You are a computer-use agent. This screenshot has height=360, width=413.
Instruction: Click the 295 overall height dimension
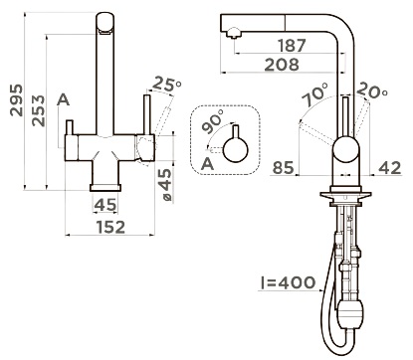click(16, 100)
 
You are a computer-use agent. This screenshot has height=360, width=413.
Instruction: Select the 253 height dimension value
click(38, 110)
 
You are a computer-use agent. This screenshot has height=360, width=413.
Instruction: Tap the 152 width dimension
click(110, 227)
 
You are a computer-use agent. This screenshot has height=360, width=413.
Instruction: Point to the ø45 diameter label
click(165, 185)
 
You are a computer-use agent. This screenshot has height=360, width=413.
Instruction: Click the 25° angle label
click(167, 85)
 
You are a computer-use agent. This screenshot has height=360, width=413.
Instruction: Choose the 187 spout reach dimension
click(292, 46)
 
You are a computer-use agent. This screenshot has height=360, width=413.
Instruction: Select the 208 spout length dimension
click(282, 65)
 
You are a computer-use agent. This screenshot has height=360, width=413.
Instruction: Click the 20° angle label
click(372, 90)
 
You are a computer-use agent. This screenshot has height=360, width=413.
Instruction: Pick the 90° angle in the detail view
click(213, 121)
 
